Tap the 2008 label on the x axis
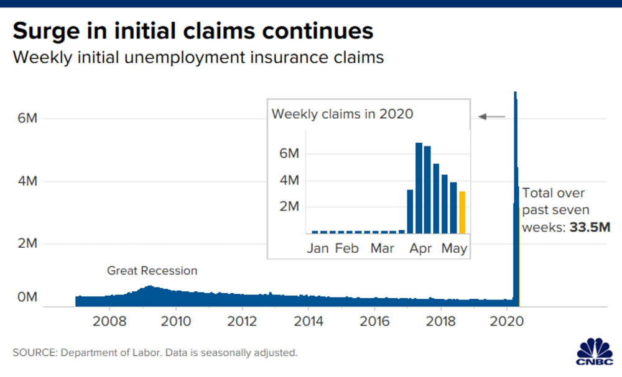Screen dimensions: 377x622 pos(109,322)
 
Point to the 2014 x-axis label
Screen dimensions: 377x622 pos(309,322)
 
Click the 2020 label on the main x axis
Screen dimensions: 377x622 pos(508,322)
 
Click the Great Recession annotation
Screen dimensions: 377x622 pos(152,271)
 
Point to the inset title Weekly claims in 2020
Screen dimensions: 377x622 pos(343,114)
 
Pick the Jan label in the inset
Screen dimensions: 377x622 pos(317,248)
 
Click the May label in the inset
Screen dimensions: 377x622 pos(454,248)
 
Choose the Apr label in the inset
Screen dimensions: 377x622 pos(421,248)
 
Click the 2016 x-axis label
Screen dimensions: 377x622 pos(375,322)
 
